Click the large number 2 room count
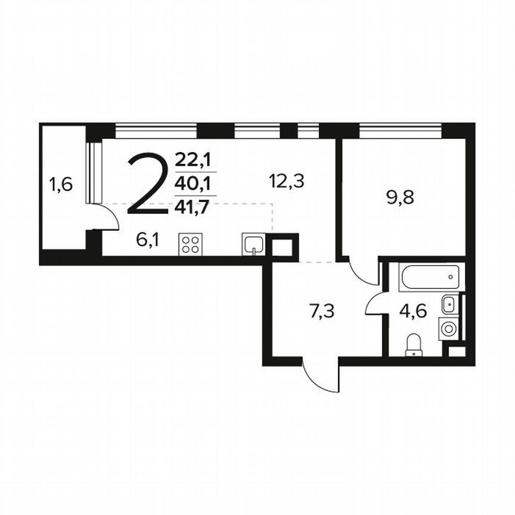pyautogui.click(x=147, y=183)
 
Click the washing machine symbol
pyautogui.click(x=449, y=327)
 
